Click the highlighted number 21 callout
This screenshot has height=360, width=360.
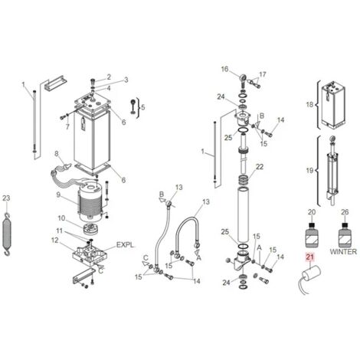point(309,257)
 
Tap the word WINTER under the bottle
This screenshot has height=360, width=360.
point(343,251)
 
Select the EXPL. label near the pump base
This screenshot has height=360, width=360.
point(125,245)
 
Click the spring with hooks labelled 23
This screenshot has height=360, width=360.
point(7,234)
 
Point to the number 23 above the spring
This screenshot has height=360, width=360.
point(6,198)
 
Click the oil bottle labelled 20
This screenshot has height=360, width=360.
point(312,235)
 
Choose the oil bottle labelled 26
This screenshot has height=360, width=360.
point(345,235)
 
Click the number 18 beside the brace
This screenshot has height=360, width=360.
point(309,104)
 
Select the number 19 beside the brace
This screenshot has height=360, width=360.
point(309,170)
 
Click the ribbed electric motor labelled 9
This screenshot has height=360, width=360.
point(90,201)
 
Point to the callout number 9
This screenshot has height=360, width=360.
point(58,195)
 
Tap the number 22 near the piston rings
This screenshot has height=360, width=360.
point(260,167)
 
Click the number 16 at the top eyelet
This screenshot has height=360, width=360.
point(224,69)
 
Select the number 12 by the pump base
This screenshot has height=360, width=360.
point(55,241)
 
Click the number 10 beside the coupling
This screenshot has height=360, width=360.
point(61,218)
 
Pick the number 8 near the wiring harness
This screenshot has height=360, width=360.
point(57,153)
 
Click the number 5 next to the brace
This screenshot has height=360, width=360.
point(142,107)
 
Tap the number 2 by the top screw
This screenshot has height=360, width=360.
point(109,77)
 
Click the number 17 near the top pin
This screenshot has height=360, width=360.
point(263,74)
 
